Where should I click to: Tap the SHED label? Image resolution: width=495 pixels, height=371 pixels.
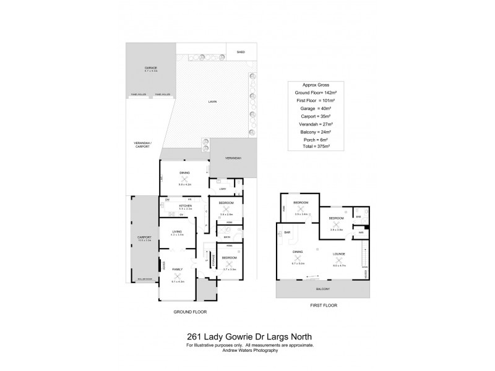[x=241, y=53]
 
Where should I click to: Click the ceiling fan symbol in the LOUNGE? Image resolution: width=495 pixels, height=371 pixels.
[x=338, y=243]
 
